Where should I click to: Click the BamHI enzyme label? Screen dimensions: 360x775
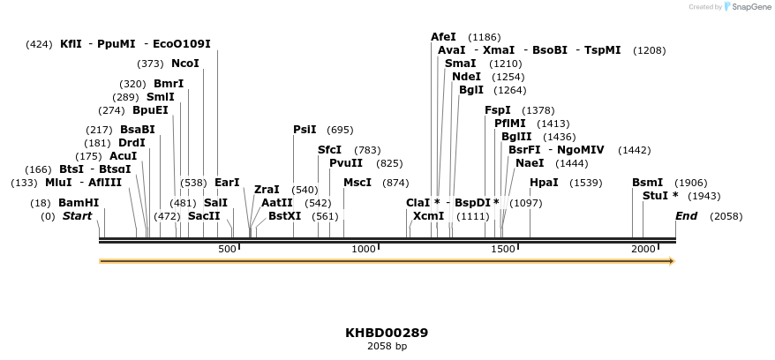[79, 203]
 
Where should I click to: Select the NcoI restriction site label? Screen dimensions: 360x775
[185, 64]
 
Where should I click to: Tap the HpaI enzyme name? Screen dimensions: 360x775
[544, 183]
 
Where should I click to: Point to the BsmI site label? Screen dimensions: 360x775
[647, 183]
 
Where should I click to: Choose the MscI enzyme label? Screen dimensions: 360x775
[357, 183]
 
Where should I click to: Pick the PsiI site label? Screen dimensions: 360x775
[305, 130]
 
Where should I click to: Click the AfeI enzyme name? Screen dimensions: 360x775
[443, 37]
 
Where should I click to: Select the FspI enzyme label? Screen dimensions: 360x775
[498, 110]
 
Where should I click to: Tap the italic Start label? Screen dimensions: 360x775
[77, 216]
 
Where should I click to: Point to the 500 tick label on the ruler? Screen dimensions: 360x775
[227, 250]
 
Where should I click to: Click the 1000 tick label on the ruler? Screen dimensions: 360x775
[364, 250]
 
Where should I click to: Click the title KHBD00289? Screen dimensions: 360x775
[387, 333]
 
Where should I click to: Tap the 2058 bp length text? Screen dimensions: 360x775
[387, 347]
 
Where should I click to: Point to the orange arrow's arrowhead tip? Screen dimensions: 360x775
[673, 261]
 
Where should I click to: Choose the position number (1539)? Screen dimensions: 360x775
[585, 183]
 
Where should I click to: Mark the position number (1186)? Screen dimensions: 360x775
[484, 37]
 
